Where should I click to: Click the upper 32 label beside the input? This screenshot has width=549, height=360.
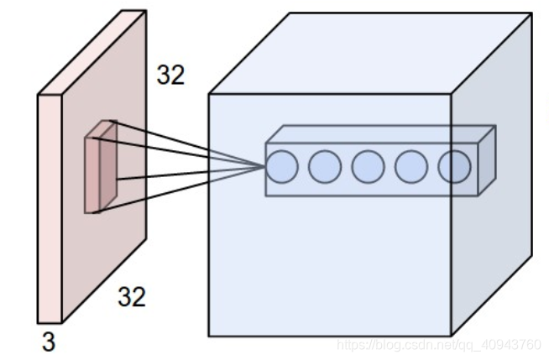coord(170,76)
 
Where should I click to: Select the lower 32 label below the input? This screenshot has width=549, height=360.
coord(131,296)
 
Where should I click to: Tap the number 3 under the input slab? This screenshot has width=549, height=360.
coord(49,342)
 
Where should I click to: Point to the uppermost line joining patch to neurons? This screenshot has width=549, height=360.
coord(185,143)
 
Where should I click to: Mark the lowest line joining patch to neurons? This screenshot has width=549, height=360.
coord(185,190)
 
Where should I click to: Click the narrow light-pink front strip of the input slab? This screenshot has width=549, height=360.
coord(48,210)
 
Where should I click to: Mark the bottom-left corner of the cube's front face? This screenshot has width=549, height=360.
coord(208,336)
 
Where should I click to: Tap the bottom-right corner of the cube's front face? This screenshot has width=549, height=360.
coord(452,336)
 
